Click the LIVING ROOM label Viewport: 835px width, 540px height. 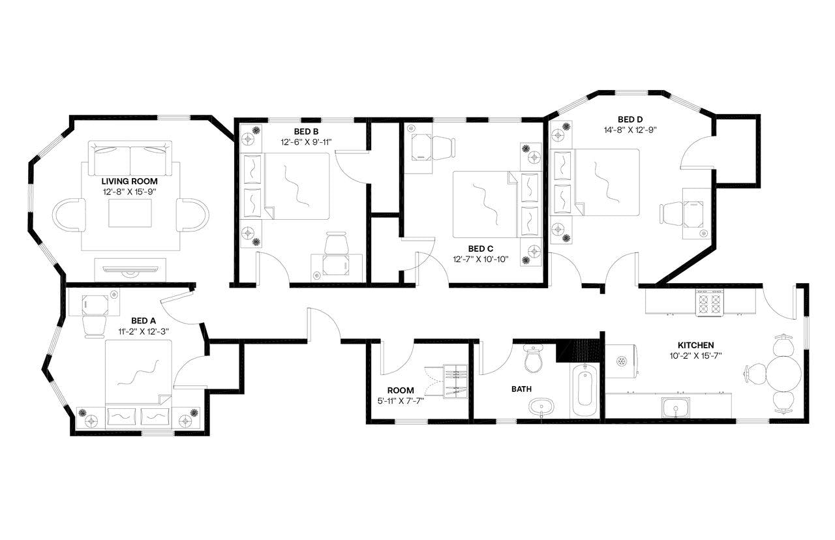pyautogui.click(x=129, y=181)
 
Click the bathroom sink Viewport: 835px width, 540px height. pyautogui.click(x=541, y=408)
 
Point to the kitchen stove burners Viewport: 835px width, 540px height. pyautogui.click(x=708, y=302)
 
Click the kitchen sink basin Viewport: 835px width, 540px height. pyautogui.click(x=676, y=408)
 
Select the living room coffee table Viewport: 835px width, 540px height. pyautogui.click(x=130, y=213)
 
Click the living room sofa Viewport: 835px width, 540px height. pyautogui.click(x=130, y=157)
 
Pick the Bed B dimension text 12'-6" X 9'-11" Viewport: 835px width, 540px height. pyautogui.click(x=307, y=142)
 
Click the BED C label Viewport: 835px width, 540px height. pyautogui.click(x=476, y=248)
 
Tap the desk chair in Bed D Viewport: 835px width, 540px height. pyautogui.click(x=670, y=213)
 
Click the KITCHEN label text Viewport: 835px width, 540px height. pyautogui.click(x=695, y=345)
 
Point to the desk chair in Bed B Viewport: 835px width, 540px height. pyautogui.click(x=337, y=244)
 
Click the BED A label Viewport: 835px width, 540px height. pyautogui.click(x=144, y=320)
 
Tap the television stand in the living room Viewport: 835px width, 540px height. pyautogui.click(x=130, y=269)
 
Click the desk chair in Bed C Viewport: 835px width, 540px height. pyautogui.click(x=444, y=147)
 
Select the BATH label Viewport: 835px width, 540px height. pyautogui.click(x=521, y=389)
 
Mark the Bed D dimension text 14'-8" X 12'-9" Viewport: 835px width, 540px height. pyautogui.click(x=630, y=129)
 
